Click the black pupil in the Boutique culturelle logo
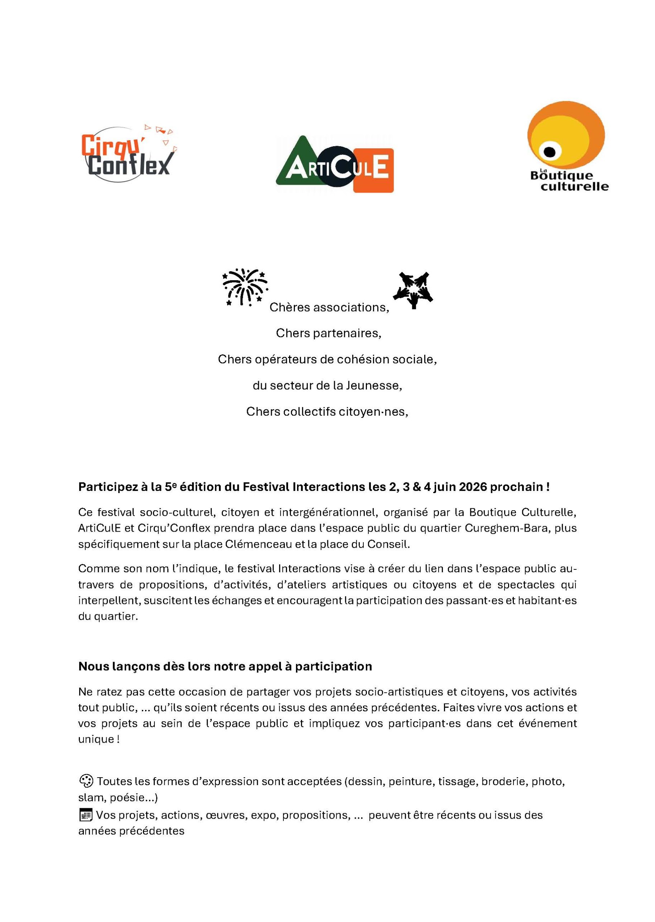[x=549, y=152]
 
